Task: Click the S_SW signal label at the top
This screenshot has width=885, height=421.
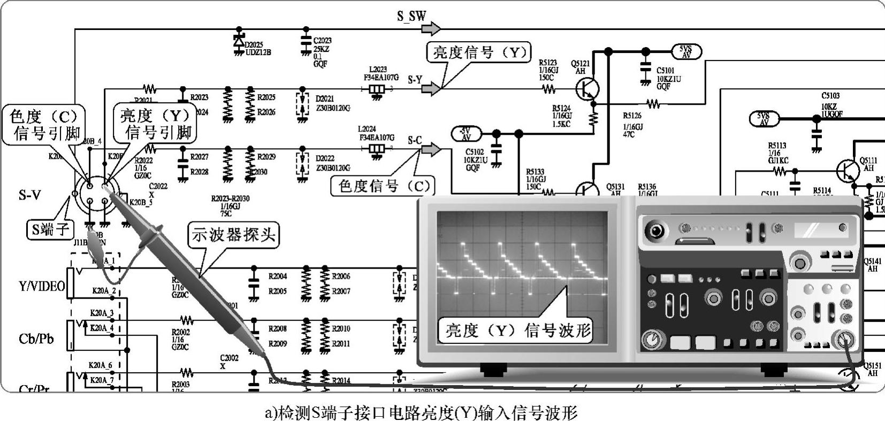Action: coord(411,16)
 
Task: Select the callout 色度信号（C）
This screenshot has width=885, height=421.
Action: coord(384,186)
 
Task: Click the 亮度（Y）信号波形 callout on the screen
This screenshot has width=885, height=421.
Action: coord(518,330)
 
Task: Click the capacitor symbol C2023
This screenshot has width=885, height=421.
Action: coord(306,42)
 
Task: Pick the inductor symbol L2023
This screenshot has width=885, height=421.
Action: coord(378,89)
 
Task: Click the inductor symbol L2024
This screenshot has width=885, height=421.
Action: coord(378,149)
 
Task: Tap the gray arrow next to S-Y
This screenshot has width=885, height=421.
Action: coord(431,89)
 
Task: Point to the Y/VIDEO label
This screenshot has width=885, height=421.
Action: coord(42,286)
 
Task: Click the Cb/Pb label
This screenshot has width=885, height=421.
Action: coord(36,339)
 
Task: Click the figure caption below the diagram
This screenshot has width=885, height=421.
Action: coord(422,413)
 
